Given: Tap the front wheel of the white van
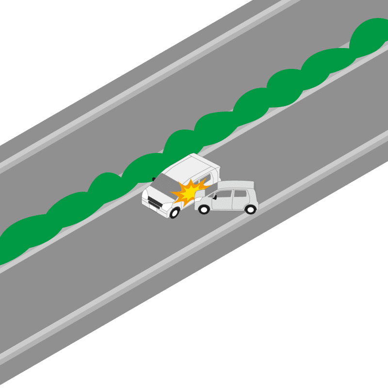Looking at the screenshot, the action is tap(174, 212).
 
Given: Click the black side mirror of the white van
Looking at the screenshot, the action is tap(154, 179).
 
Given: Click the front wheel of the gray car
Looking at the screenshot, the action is tap(204, 210).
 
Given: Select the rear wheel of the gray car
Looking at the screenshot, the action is tap(250, 210).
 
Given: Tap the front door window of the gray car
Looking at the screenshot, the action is tap(223, 194).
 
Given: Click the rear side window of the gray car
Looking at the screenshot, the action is tap(240, 193).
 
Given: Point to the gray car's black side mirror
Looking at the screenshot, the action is tap(214, 197).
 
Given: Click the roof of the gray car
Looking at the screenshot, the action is tap(236, 185).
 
